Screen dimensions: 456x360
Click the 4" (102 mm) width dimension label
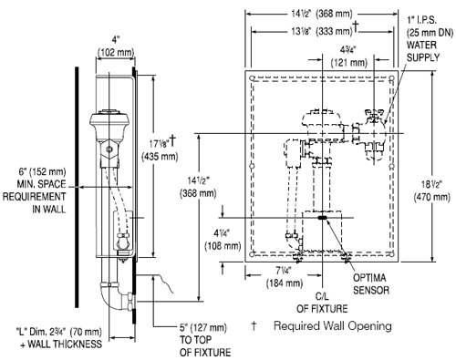tap(116, 46)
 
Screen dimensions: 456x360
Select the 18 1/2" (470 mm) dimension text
tap(431, 190)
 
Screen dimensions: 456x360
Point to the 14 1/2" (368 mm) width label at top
tap(322, 14)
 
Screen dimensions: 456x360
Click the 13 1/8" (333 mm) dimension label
tap(324, 30)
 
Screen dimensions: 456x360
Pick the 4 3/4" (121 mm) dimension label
tap(348, 57)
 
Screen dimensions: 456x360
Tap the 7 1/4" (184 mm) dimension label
tap(285, 277)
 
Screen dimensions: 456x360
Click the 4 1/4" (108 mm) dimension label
tap(223, 240)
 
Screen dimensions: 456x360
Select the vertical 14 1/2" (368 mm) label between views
tap(198, 187)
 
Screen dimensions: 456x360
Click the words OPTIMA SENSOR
tap(371, 283)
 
